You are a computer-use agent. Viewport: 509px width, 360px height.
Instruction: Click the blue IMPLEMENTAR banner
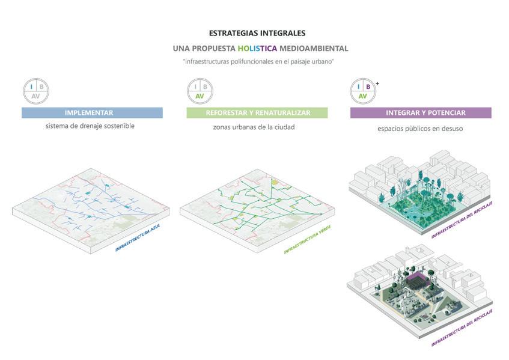[x=92, y=113]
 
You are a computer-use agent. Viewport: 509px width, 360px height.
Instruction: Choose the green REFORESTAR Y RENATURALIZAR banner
[x=257, y=113]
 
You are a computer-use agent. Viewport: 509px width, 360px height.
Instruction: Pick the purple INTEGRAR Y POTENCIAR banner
[x=421, y=113]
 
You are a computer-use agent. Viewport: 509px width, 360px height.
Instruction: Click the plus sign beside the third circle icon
[x=377, y=82]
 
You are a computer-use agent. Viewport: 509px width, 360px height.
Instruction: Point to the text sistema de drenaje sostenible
[x=90, y=126]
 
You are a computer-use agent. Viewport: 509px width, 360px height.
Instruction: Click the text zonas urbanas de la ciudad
[x=254, y=127]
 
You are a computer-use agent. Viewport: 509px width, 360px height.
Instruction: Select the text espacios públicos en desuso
[x=420, y=128]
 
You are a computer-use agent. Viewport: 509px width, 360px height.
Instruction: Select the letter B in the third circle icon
[x=368, y=87]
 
